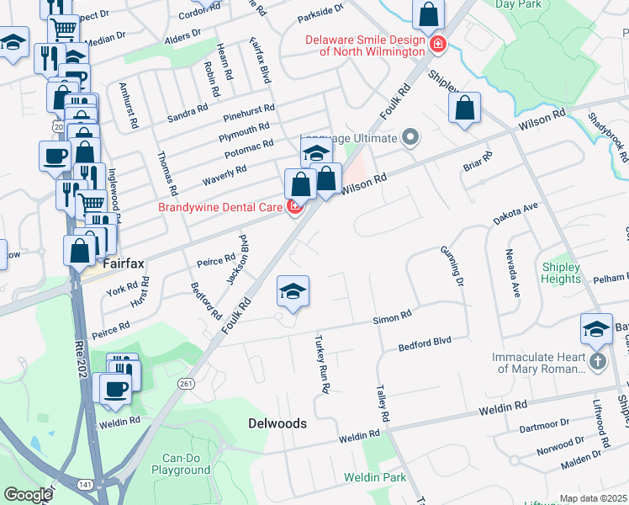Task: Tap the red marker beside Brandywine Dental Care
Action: coord(295,207)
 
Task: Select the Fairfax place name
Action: coord(124,263)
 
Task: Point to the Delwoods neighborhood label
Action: coord(277,423)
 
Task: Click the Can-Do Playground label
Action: coord(180,465)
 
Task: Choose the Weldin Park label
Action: coord(375,477)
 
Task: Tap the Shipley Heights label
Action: coord(561,274)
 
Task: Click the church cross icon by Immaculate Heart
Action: coord(596,362)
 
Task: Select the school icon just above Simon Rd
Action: coord(293,291)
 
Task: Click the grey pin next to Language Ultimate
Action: coord(410,136)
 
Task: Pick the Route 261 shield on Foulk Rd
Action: coord(186,383)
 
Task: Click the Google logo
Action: coord(28,495)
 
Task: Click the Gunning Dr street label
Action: coord(452,264)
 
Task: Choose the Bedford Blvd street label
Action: coord(425,342)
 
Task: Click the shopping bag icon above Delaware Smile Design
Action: coord(429,14)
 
